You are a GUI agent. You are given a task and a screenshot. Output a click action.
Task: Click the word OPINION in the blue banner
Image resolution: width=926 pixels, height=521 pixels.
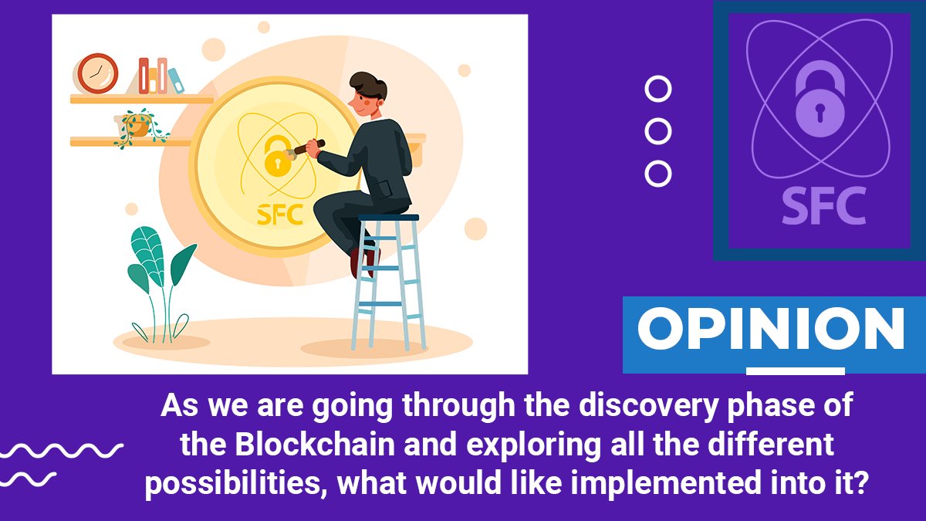click(x=770, y=331)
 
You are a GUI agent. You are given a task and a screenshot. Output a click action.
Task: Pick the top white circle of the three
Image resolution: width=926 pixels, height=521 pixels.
click(x=657, y=90)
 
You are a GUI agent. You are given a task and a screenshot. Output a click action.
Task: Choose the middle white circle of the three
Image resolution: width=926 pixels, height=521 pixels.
click(x=657, y=132)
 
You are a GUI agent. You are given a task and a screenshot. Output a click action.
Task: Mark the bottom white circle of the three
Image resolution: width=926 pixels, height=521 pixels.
click(x=657, y=174)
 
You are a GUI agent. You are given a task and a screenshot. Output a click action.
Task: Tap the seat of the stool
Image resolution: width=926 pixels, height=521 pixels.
click(x=389, y=218)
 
